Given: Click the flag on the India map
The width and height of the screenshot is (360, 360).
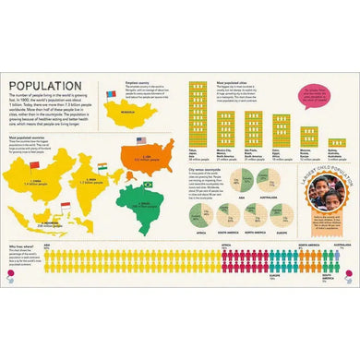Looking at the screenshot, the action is click(x=99, y=165).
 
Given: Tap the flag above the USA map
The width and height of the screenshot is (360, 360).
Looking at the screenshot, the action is click(x=140, y=140).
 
